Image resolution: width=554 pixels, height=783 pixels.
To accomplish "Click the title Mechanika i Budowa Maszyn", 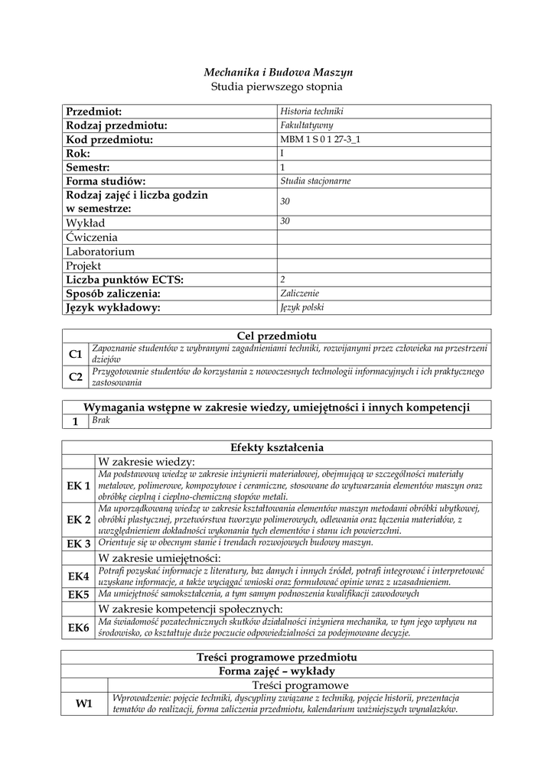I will coord(277,72).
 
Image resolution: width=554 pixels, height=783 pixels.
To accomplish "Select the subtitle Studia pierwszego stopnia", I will coord(277,87).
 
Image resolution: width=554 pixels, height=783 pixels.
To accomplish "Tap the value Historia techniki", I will coord(312,112).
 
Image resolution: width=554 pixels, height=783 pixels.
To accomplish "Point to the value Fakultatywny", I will coord(307,125).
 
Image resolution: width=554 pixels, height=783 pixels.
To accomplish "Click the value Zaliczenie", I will coord(300,293).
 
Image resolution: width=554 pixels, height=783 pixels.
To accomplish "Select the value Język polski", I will coord(302,307).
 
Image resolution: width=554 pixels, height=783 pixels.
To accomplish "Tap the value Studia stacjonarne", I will coord(316,181).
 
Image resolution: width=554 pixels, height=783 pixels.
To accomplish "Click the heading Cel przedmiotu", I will coord(277,336).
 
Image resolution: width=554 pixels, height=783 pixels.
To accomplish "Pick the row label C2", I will coord(75,376).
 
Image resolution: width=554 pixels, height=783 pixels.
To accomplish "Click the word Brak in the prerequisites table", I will coord(101,421).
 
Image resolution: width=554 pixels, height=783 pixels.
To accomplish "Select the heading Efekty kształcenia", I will coord(277,447).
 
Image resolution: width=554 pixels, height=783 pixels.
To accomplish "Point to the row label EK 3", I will coord(79,544).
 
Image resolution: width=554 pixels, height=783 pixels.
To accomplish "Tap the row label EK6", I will coord(79,628).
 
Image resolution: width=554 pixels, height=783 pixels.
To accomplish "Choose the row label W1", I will coord(83,704).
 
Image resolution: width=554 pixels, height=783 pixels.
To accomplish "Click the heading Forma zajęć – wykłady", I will coord(277,671).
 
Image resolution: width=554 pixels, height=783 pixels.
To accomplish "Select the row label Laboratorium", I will coord(100,252).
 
